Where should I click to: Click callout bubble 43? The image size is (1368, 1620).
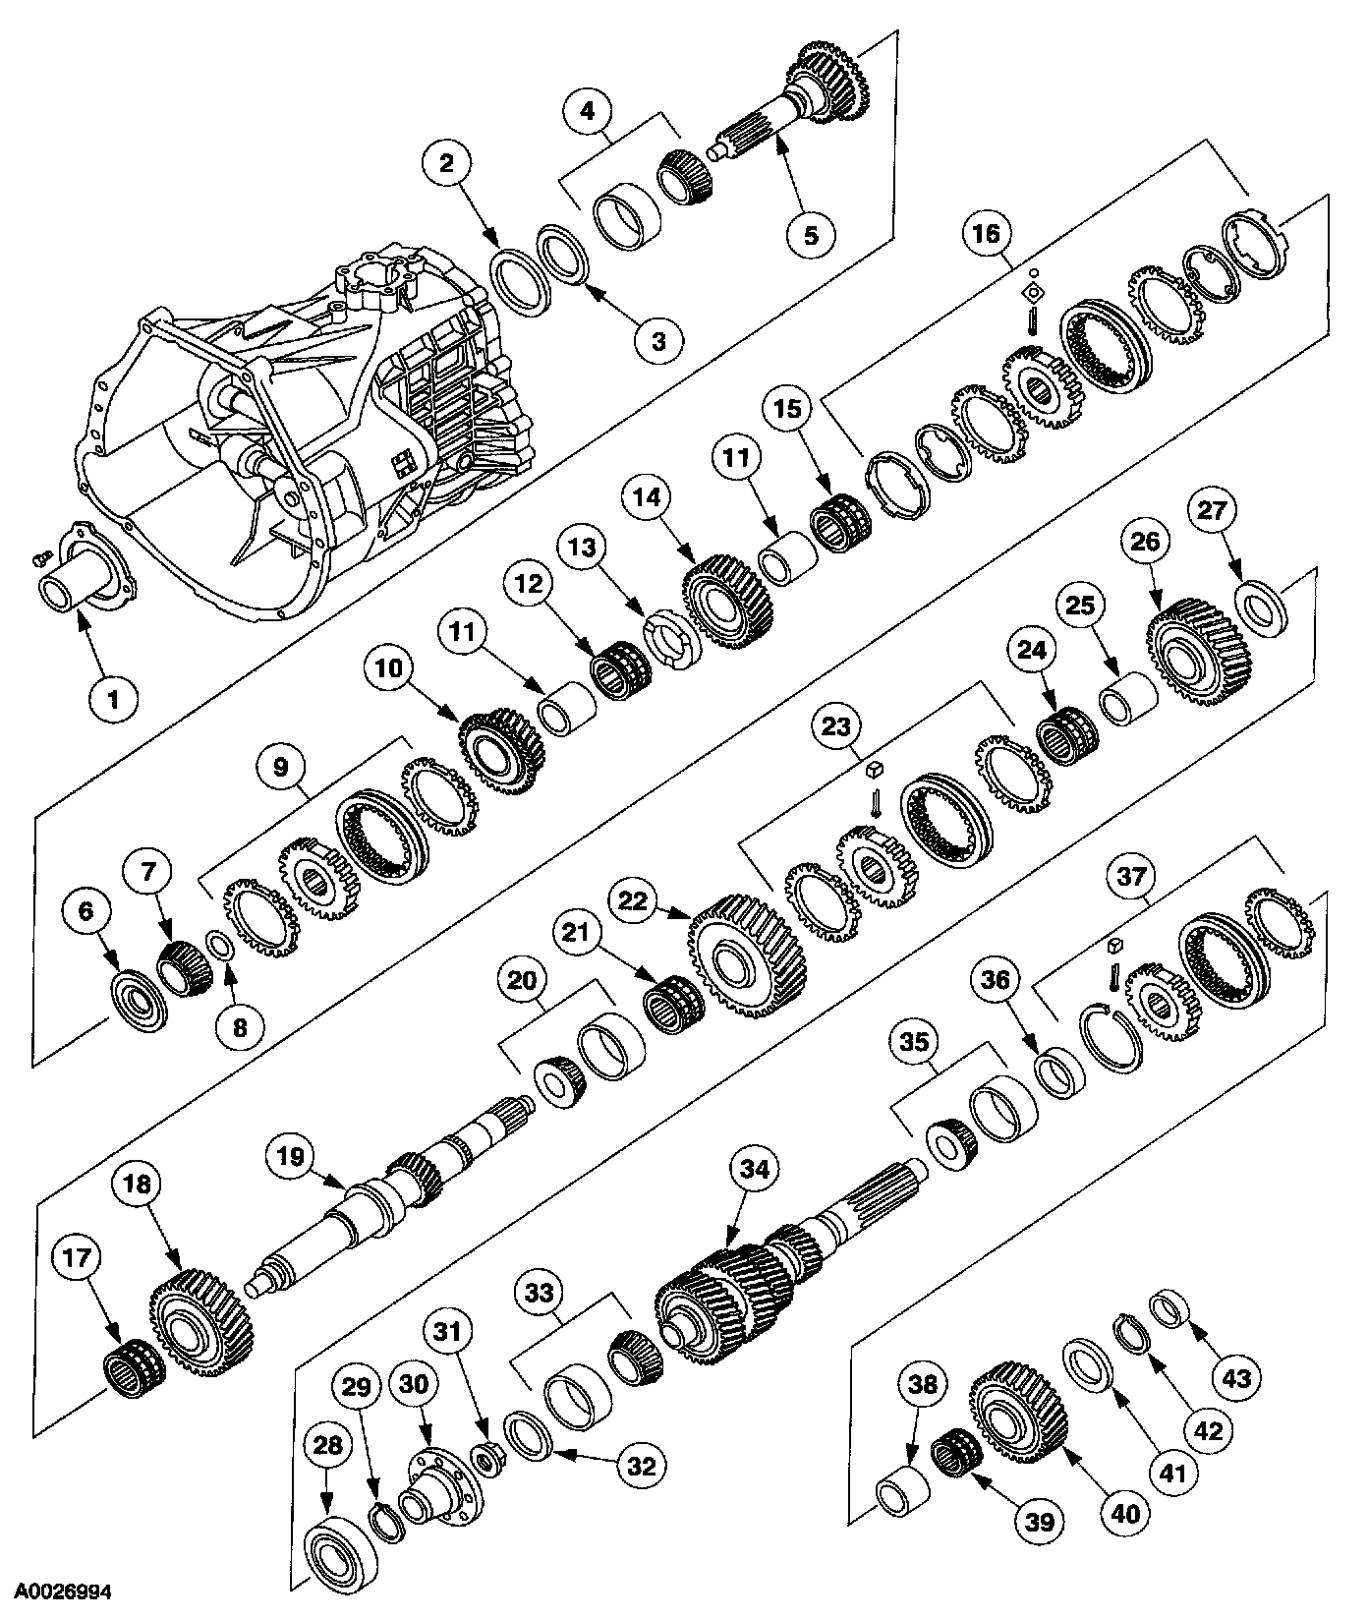[x=1235, y=1378]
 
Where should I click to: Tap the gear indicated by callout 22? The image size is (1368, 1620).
[x=749, y=958]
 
